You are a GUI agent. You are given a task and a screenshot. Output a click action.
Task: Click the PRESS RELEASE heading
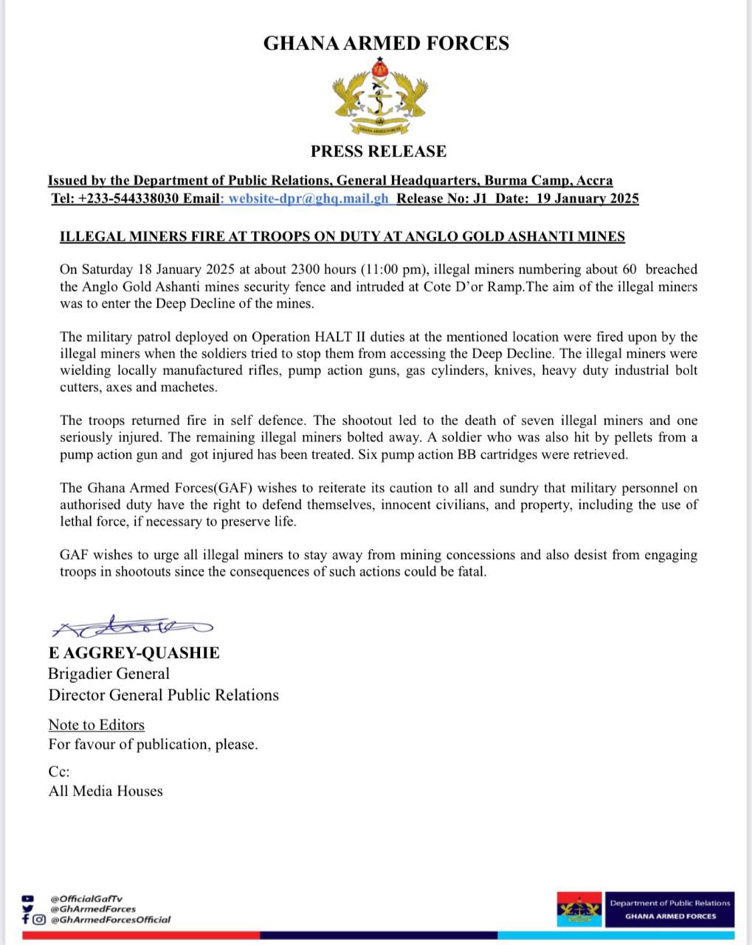(378, 151)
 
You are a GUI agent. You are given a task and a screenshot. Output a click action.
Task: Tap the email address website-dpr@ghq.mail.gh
(308, 199)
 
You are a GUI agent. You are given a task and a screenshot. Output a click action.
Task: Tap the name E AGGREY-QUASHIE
(134, 653)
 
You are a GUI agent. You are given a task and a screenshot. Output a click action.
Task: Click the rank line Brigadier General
(108, 673)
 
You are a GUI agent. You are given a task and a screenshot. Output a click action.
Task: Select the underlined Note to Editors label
(96, 725)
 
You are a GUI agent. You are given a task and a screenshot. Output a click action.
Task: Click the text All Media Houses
(106, 791)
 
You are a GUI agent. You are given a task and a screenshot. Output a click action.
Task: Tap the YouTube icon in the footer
(28, 898)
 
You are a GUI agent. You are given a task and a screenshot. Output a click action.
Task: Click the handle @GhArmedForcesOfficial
(110, 919)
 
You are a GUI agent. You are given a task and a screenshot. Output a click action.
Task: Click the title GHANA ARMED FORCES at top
(386, 44)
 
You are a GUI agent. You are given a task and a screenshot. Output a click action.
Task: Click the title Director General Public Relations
(163, 695)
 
